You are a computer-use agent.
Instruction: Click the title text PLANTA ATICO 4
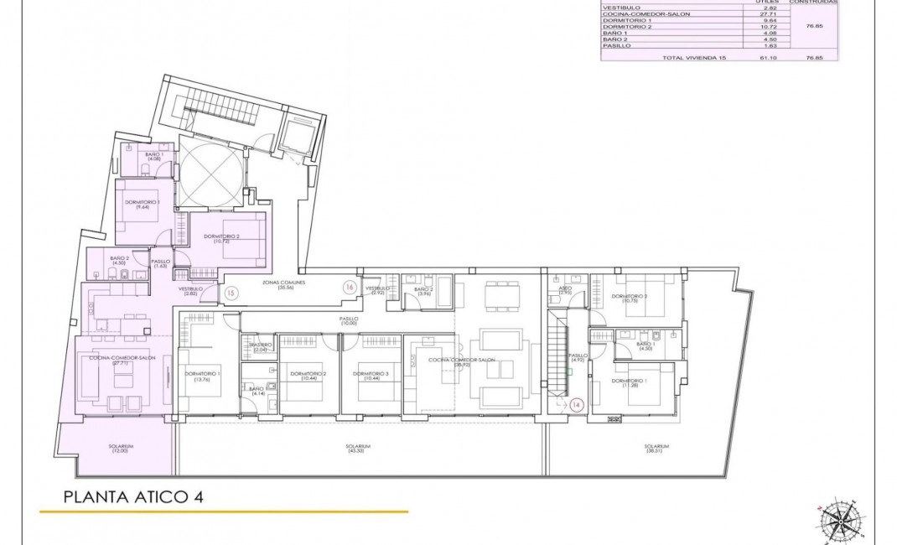pyautogui.click(x=133, y=496)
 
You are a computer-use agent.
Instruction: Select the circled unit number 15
pyautogui.click(x=232, y=293)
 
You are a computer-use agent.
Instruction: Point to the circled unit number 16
pyautogui.click(x=349, y=287)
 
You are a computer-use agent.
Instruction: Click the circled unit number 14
pyautogui.click(x=576, y=404)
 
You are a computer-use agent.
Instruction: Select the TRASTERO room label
pyautogui.click(x=260, y=346)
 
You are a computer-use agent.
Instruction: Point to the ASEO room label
pyautogui.click(x=565, y=290)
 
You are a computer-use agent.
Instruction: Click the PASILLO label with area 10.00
pyautogui.click(x=349, y=320)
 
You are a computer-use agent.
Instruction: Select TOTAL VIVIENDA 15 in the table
pyautogui.click(x=690, y=58)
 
